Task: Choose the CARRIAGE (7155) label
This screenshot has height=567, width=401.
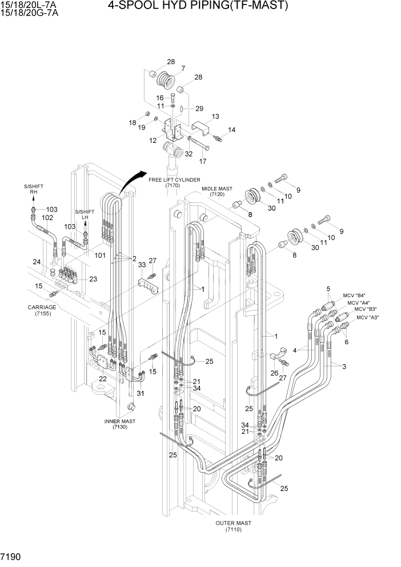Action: (x=42, y=310)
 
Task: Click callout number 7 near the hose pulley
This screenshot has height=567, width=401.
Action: (x=183, y=69)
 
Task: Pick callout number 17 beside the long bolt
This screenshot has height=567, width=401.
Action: (x=202, y=161)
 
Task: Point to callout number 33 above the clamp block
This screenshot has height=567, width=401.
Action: (x=141, y=265)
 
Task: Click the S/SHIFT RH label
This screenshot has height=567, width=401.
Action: (x=33, y=190)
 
